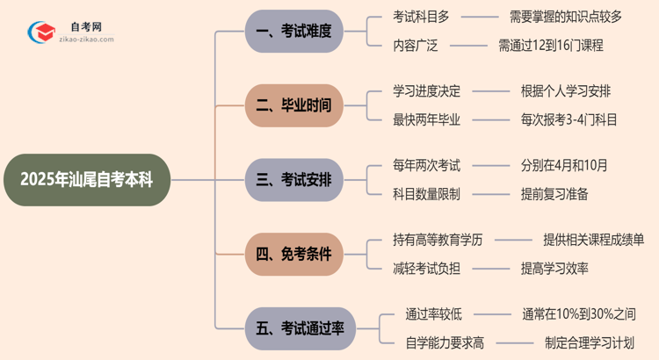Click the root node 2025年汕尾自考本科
[85, 180]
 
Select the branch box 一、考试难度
[293, 31]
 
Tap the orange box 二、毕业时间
[293, 105]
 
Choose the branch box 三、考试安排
[293, 180]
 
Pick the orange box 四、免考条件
[293, 255]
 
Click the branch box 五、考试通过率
[300, 328]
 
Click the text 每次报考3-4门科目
[568, 119]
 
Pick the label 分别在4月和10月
[563, 164]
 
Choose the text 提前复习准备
[554, 194]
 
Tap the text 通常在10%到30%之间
[578, 313]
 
